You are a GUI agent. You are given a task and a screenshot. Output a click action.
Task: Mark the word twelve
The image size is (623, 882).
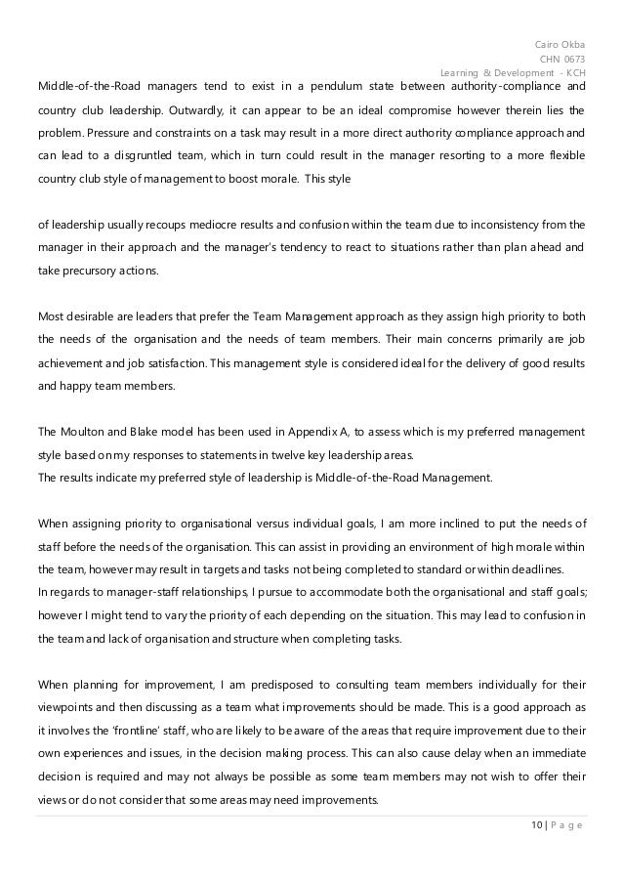pos(322,454)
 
